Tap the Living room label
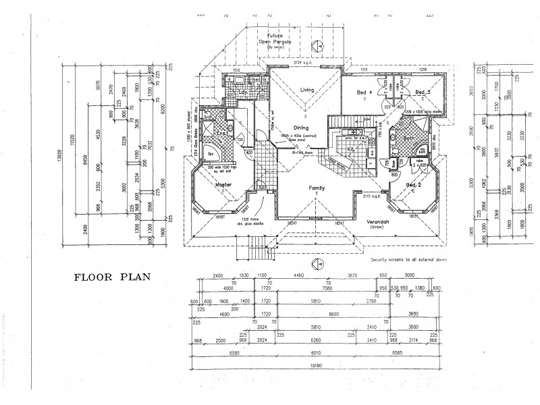pyautogui.click(x=308, y=90)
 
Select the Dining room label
pyautogui.click(x=300, y=127)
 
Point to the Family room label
pyautogui.click(x=317, y=188)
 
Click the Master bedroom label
pyautogui.click(x=223, y=184)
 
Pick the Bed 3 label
pyautogui.click(x=423, y=92)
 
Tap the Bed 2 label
pyautogui.click(x=414, y=184)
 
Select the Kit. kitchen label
pyautogui.click(x=351, y=149)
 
